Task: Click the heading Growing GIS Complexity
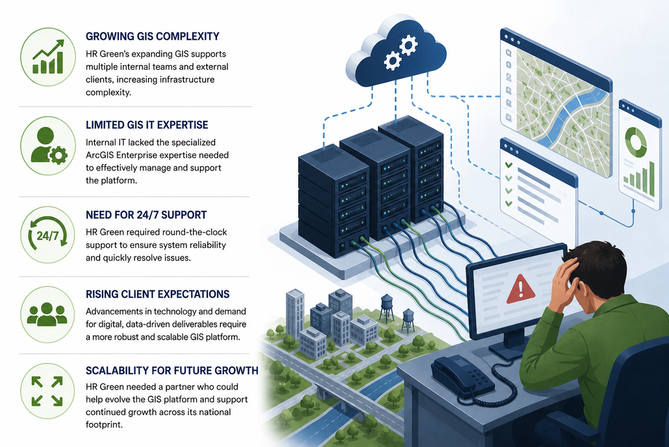pyautogui.click(x=153, y=36)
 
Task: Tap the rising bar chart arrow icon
pyautogui.click(x=48, y=57)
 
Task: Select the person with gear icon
pyautogui.click(x=48, y=146)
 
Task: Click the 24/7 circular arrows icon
pyautogui.click(x=47, y=235)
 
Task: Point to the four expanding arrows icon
pyautogui.click(x=47, y=391)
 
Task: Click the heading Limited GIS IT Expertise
pyautogui.click(x=147, y=125)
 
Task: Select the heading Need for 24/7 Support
pyautogui.click(x=146, y=215)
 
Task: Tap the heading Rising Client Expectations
pyautogui.click(x=157, y=294)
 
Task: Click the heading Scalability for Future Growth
pyautogui.click(x=172, y=370)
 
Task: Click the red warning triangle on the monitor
pyautogui.click(x=520, y=290)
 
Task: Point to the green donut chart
pyautogui.click(x=636, y=141)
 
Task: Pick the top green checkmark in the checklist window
pyautogui.click(x=509, y=165)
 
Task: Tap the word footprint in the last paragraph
pyautogui.click(x=104, y=425)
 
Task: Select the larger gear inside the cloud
pyautogui.click(x=409, y=44)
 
